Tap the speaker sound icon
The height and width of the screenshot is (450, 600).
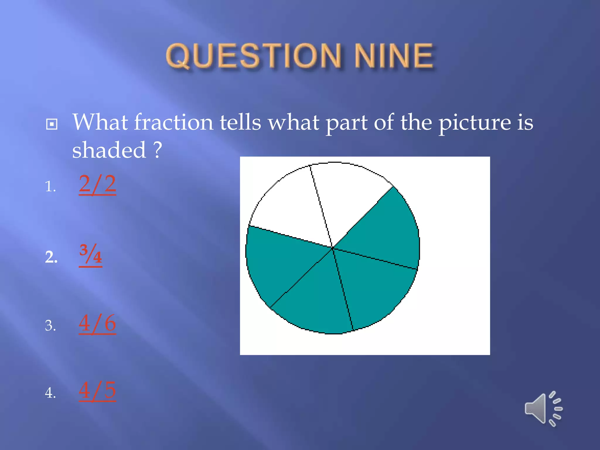click(x=543, y=409)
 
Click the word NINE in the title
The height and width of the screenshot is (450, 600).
click(x=393, y=56)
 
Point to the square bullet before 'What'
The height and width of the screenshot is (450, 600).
click(x=52, y=124)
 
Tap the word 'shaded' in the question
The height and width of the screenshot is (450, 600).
click(x=109, y=150)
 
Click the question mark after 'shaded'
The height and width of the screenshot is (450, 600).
click(x=158, y=150)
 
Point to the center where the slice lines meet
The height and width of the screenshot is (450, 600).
click(x=333, y=248)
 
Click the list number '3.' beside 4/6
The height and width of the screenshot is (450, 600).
click(x=50, y=325)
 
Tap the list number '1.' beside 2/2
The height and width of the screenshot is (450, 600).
click(x=50, y=186)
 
